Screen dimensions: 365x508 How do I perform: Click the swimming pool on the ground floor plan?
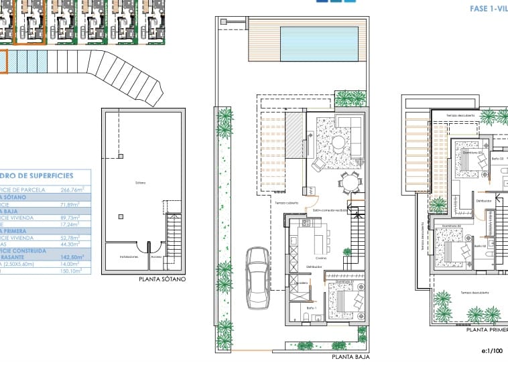314,42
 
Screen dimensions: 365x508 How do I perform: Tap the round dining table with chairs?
349,181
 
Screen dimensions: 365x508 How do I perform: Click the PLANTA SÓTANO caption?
161,279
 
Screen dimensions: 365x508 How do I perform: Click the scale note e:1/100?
492,350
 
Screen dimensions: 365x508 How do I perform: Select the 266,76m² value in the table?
70,190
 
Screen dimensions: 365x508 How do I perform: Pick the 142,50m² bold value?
70,257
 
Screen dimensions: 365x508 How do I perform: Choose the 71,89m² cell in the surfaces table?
70,204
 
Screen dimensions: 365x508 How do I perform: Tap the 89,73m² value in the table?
70,218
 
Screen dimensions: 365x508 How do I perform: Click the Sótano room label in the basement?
141,182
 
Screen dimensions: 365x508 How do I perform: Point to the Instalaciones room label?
129,257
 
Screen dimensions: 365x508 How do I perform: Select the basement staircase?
173,238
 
